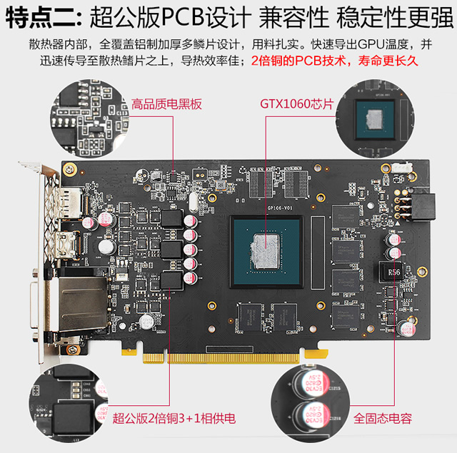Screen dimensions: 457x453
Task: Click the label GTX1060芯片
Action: pos(296,104)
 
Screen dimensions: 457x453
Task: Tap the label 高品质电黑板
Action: pos(166,104)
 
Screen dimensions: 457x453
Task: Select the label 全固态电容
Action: pos(383,419)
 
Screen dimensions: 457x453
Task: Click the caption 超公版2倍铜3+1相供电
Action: pos(174,419)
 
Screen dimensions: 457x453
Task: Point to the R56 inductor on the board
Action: pos(391,272)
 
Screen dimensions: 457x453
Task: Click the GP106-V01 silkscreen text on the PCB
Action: pos(280,208)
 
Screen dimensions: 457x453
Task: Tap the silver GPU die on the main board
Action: pos(266,252)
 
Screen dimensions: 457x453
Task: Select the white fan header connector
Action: pos(402,168)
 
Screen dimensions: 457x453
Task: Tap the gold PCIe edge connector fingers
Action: pos(221,358)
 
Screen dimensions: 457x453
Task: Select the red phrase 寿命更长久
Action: pos(388,61)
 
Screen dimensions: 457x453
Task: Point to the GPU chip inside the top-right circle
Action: pos(375,119)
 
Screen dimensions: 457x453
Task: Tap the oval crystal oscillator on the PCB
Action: pos(193,202)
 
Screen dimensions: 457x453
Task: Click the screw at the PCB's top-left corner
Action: pos(70,169)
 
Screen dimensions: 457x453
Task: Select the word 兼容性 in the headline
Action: pos(293,18)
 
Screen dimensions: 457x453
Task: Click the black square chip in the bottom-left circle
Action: pos(73,418)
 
